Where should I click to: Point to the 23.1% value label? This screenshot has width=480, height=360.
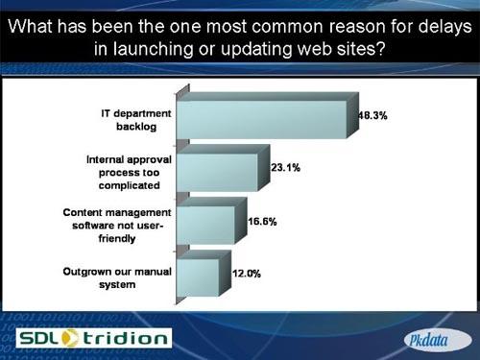point(287,167)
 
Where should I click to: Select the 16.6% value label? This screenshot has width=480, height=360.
point(263,221)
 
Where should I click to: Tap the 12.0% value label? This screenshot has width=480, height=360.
point(247,274)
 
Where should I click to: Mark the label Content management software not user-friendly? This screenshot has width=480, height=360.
point(118,226)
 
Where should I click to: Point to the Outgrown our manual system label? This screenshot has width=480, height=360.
point(118,277)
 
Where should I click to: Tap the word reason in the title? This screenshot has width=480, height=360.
point(353,24)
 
